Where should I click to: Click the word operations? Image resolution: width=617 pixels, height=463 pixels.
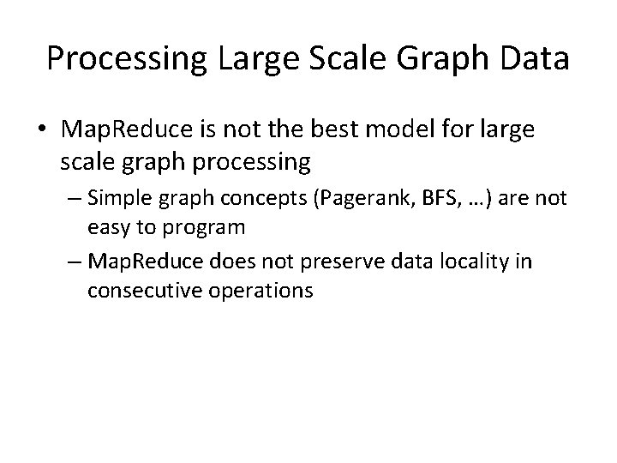(x=256, y=290)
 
